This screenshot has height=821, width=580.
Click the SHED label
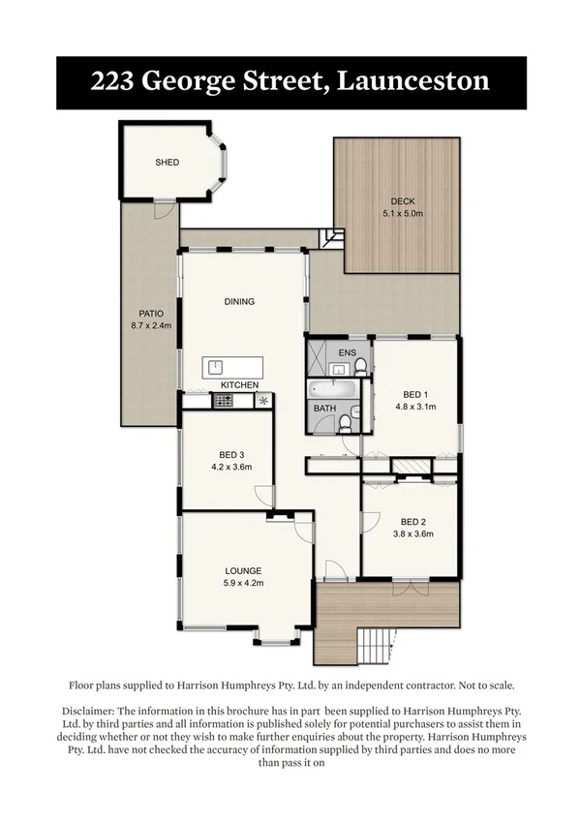tap(168, 163)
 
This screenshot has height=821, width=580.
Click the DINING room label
tap(239, 301)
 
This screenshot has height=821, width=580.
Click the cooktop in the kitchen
tap(222, 399)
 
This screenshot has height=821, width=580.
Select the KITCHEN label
tap(239, 385)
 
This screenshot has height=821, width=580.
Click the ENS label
tap(348, 351)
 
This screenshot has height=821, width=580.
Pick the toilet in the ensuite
tap(360, 365)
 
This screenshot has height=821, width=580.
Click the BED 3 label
tap(230, 454)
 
